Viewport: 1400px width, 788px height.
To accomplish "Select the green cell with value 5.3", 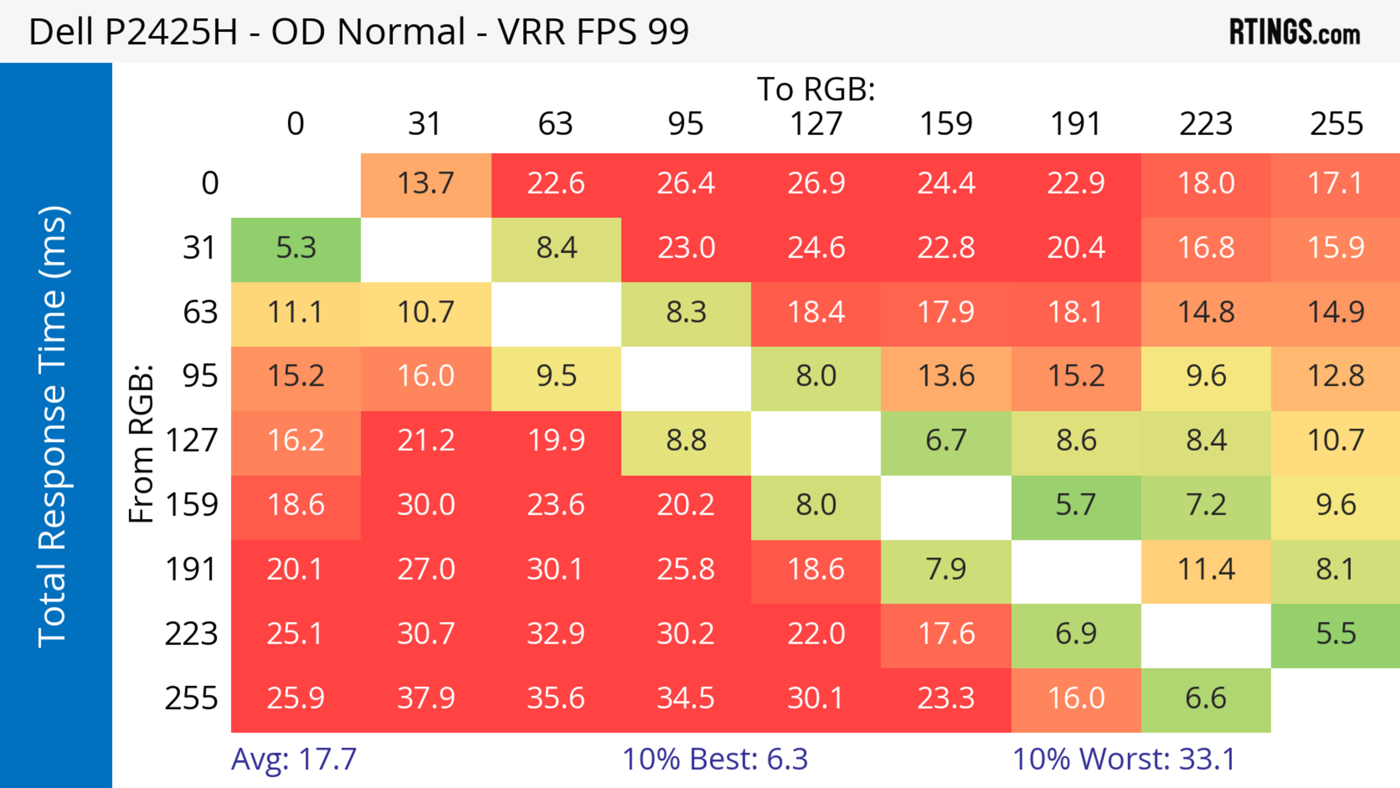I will (x=296, y=248).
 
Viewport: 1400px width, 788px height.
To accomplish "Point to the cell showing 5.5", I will (x=1336, y=634).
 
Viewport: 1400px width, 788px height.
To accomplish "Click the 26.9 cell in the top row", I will (x=816, y=183).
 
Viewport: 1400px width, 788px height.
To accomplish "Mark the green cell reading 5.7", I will (x=1076, y=505).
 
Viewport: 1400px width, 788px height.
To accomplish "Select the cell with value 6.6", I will (x=1206, y=698).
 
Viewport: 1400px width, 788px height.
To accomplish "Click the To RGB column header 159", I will (x=946, y=124).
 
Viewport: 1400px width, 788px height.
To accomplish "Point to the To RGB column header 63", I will (x=555, y=124).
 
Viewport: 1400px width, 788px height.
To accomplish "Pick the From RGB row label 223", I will (x=191, y=634).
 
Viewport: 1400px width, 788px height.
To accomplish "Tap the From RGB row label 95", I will (x=200, y=376).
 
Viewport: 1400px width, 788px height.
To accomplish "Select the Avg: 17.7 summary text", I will (x=293, y=759).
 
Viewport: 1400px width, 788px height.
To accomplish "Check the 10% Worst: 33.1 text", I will (x=1124, y=759).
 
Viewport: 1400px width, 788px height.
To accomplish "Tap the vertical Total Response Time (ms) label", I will (x=53, y=427).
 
